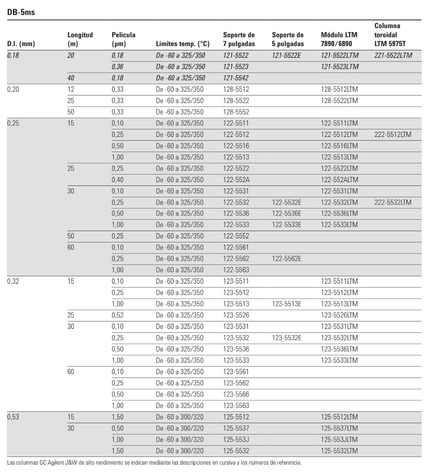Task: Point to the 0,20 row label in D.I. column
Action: (14, 89)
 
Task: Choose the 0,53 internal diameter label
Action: (14, 417)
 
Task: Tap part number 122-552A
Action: (236, 179)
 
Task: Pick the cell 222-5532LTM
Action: (393, 202)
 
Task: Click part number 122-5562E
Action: (286, 258)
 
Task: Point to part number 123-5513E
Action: (286, 303)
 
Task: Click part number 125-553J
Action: (235, 440)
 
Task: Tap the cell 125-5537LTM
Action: (339, 428)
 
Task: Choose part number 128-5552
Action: (236, 111)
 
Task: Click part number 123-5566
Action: (236, 394)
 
